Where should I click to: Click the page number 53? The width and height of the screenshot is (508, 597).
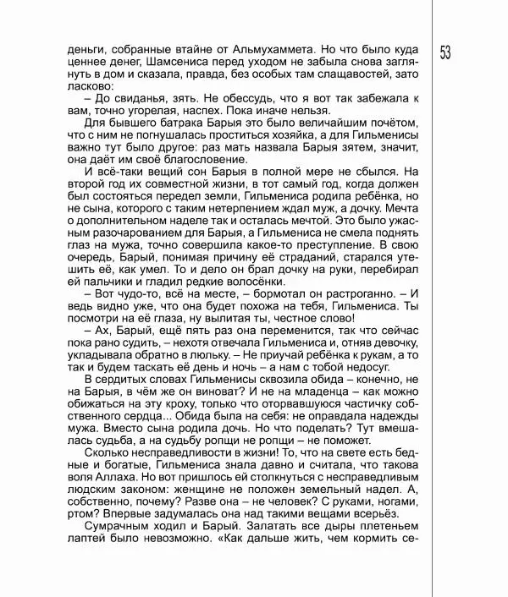click(x=445, y=51)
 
